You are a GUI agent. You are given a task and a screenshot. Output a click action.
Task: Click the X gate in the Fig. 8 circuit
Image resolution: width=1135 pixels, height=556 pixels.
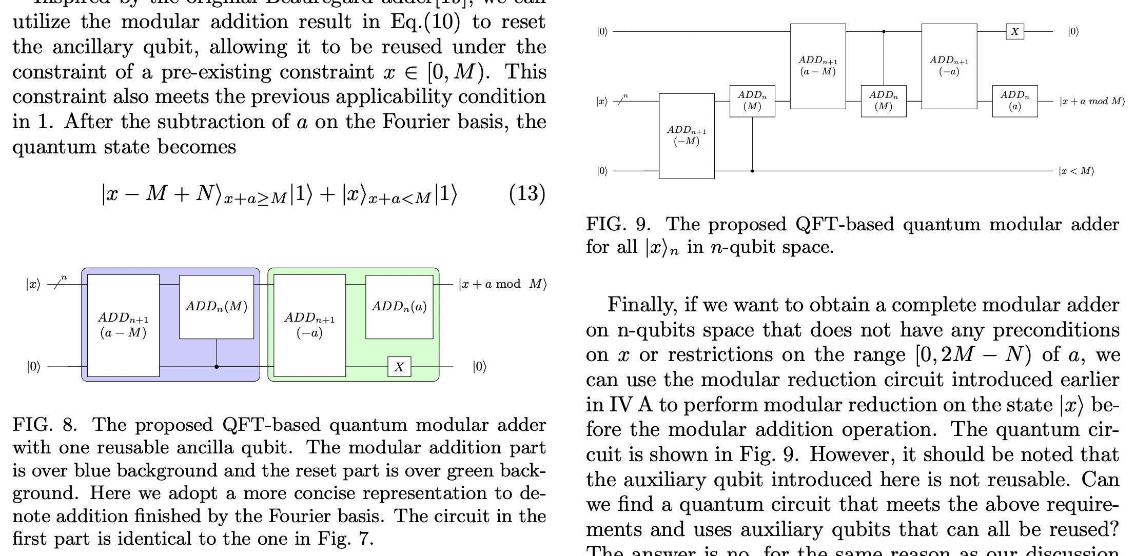tap(399, 367)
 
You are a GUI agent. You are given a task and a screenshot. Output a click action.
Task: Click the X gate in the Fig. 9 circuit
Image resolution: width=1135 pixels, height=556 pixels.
tap(1014, 32)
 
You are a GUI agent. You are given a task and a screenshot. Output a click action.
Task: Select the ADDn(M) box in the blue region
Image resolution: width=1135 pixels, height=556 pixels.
tap(217, 307)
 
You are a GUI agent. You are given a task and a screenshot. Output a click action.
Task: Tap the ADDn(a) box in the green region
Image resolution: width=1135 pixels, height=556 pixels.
tap(399, 307)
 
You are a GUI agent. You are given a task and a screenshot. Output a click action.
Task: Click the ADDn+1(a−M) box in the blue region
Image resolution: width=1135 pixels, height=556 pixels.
tap(123, 325)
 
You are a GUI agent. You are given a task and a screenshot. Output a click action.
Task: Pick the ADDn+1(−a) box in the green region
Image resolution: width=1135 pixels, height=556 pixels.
tap(309, 325)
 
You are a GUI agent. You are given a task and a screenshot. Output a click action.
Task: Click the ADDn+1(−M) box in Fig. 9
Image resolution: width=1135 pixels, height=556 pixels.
tap(687, 136)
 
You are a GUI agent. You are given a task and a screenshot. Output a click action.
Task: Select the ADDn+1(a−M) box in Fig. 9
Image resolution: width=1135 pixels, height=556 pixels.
tap(818, 66)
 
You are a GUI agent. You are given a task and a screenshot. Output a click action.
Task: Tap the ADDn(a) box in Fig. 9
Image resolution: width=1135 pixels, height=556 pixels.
tap(1014, 101)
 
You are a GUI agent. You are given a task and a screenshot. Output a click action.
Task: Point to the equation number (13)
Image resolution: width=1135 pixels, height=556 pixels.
tap(526, 194)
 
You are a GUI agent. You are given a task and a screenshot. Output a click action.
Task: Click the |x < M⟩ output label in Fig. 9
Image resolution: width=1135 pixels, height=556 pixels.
tap(1076, 171)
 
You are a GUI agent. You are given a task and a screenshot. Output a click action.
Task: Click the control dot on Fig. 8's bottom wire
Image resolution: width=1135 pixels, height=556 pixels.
tap(217, 367)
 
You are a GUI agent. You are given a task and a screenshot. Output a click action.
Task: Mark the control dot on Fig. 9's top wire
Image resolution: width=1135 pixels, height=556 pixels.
tap(884, 31)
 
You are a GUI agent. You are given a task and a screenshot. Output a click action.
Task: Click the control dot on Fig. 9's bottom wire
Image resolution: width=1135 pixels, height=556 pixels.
tap(752, 171)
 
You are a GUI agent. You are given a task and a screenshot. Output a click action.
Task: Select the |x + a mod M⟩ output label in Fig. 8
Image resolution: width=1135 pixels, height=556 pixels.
tap(502, 284)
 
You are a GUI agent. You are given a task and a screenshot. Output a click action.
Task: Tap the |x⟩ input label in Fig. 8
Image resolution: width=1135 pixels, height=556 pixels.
tap(33, 284)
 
